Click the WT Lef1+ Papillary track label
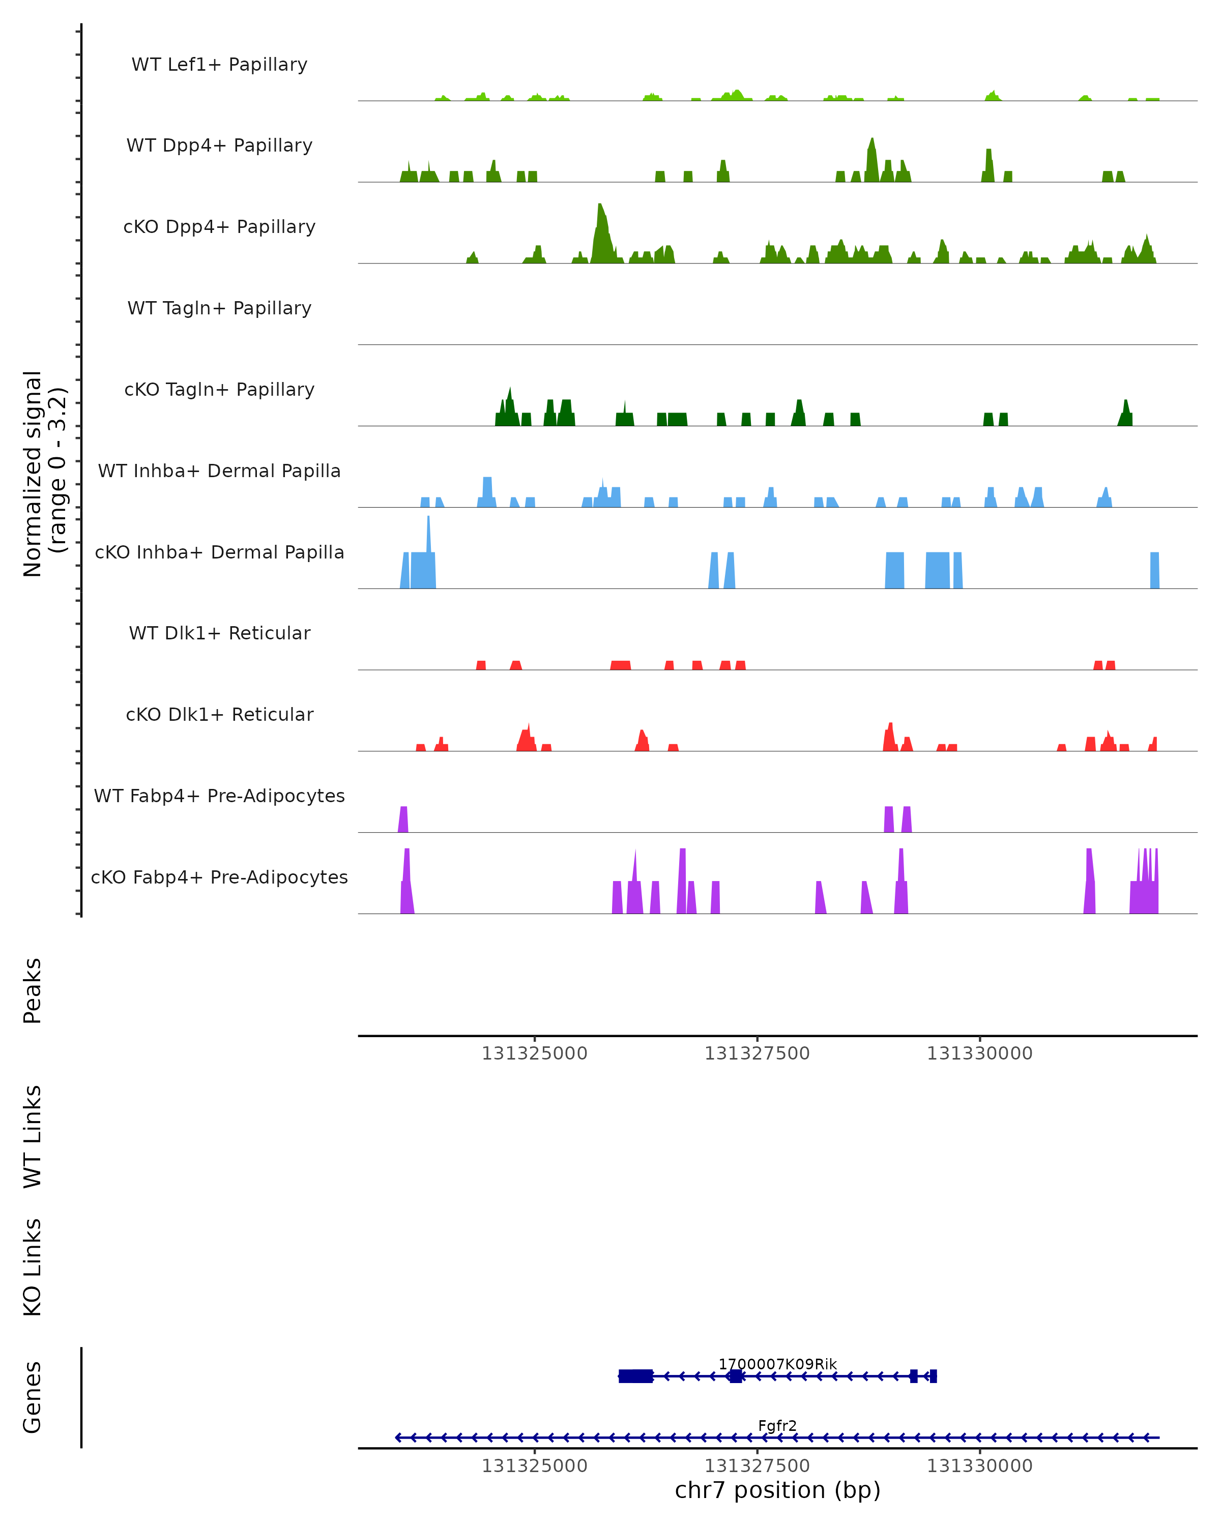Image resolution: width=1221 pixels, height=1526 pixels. pyautogui.click(x=219, y=65)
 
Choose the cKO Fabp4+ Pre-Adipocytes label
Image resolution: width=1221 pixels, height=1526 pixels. pyautogui.click(x=219, y=877)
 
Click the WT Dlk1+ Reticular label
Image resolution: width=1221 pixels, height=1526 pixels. pyautogui.click(x=219, y=633)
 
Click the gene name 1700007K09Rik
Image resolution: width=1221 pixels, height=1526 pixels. pyautogui.click(x=777, y=1364)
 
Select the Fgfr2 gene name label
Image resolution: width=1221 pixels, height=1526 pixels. pyautogui.click(x=777, y=1425)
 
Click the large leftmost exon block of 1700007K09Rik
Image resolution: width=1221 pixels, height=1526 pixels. pyautogui.click(x=635, y=1376)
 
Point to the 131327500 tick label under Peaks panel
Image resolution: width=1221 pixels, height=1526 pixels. pyautogui.click(x=757, y=1054)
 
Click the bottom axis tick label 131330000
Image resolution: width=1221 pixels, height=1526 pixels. pyautogui.click(x=980, y=1466)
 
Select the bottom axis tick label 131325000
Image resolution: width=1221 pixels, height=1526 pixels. pyautogui.click(x=534, y=1466)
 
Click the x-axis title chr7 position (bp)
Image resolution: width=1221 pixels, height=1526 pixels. pyautogui.click(x=777, y=1490)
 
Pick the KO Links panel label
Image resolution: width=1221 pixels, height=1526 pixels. pyautogui.click(x=33, y=1268)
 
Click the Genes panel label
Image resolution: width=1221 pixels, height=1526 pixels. pyautogui.click(x=33, y=1397)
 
